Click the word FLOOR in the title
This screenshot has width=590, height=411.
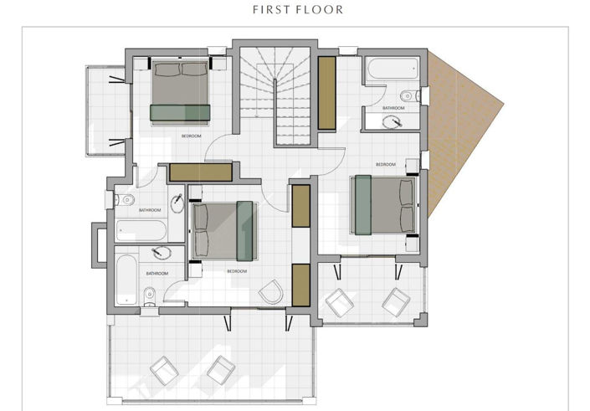321,10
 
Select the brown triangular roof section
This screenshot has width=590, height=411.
460,126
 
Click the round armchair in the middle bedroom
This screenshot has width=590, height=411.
272,292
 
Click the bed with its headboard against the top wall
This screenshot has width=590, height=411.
179,92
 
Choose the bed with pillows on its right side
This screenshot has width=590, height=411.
385,205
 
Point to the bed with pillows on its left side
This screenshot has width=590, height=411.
223,230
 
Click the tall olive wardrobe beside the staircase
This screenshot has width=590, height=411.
326,92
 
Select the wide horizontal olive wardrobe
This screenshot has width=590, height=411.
200,172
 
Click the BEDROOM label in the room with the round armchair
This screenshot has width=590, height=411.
237,271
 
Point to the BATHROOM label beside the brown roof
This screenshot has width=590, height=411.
393,108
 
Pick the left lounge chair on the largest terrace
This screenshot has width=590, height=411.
163,368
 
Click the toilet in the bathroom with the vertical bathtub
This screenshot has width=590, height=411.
149,294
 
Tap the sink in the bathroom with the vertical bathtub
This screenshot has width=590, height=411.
158,253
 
